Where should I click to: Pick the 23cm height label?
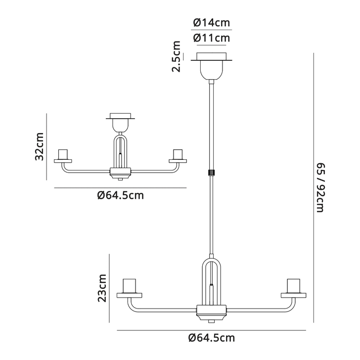tap(102, 289)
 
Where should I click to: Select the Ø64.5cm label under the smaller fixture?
tap(121, 195)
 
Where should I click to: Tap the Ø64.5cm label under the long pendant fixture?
tap(212, 338)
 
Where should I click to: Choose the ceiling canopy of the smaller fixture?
tap(120, 122)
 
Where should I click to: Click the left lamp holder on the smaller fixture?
tap(63, 155)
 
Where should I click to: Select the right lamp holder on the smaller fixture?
tap(178, 155)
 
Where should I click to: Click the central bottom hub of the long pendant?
tap(212, 311)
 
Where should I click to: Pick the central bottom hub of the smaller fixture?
tap(120, 173)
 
